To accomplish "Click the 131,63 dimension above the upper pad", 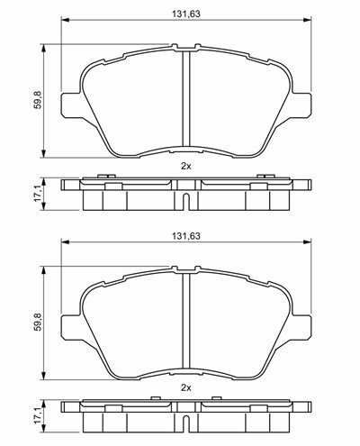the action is click(x=186, y=14).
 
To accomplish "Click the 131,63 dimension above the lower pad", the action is click(x=186, y=236).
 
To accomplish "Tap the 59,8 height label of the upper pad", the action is click(x=38, y=99).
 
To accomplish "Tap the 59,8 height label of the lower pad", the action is click(x=38, y=322).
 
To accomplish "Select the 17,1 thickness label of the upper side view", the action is click(x=38, y=194).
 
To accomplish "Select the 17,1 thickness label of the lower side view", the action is click(x=38, y=416).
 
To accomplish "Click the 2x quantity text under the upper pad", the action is click(x=186, y=166).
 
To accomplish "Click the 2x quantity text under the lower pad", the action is click(x=186, y=388).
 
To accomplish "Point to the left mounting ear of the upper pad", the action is click(x=71, y=105).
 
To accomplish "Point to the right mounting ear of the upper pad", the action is click(x=301, y=105).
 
